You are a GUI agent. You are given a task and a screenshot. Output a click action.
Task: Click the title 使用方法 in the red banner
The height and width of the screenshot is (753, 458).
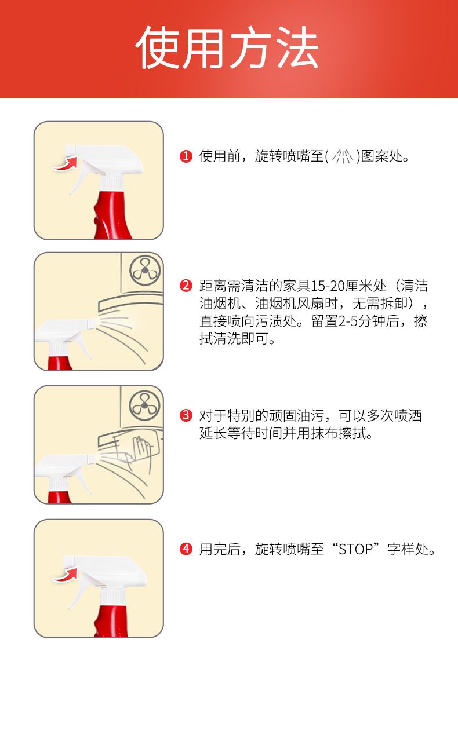click(227, 47)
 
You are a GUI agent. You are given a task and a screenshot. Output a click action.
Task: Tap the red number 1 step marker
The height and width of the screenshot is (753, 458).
click(186, 156)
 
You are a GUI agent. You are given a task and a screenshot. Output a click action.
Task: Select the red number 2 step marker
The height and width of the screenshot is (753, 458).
click(186, 286)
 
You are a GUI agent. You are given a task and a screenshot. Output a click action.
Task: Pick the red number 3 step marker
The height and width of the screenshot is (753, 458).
click(186, 415)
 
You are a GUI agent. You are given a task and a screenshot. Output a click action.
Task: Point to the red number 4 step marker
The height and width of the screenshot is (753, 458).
click(186, 549)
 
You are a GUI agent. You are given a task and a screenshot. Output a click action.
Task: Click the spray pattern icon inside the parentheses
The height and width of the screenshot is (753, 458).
click(343, 156)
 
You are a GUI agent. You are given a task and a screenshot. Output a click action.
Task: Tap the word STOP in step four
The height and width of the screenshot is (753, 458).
click(356, 549)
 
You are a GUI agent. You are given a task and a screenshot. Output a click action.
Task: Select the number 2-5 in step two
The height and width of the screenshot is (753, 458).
click(348, 321)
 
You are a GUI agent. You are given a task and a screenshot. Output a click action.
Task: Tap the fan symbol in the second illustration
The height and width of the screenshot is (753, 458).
click(145, 271)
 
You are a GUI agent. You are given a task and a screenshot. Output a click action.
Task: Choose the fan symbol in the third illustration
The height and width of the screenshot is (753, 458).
click(145, 405)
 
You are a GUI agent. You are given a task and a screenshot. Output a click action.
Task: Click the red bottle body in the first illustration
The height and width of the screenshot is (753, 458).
click(112, 215)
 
